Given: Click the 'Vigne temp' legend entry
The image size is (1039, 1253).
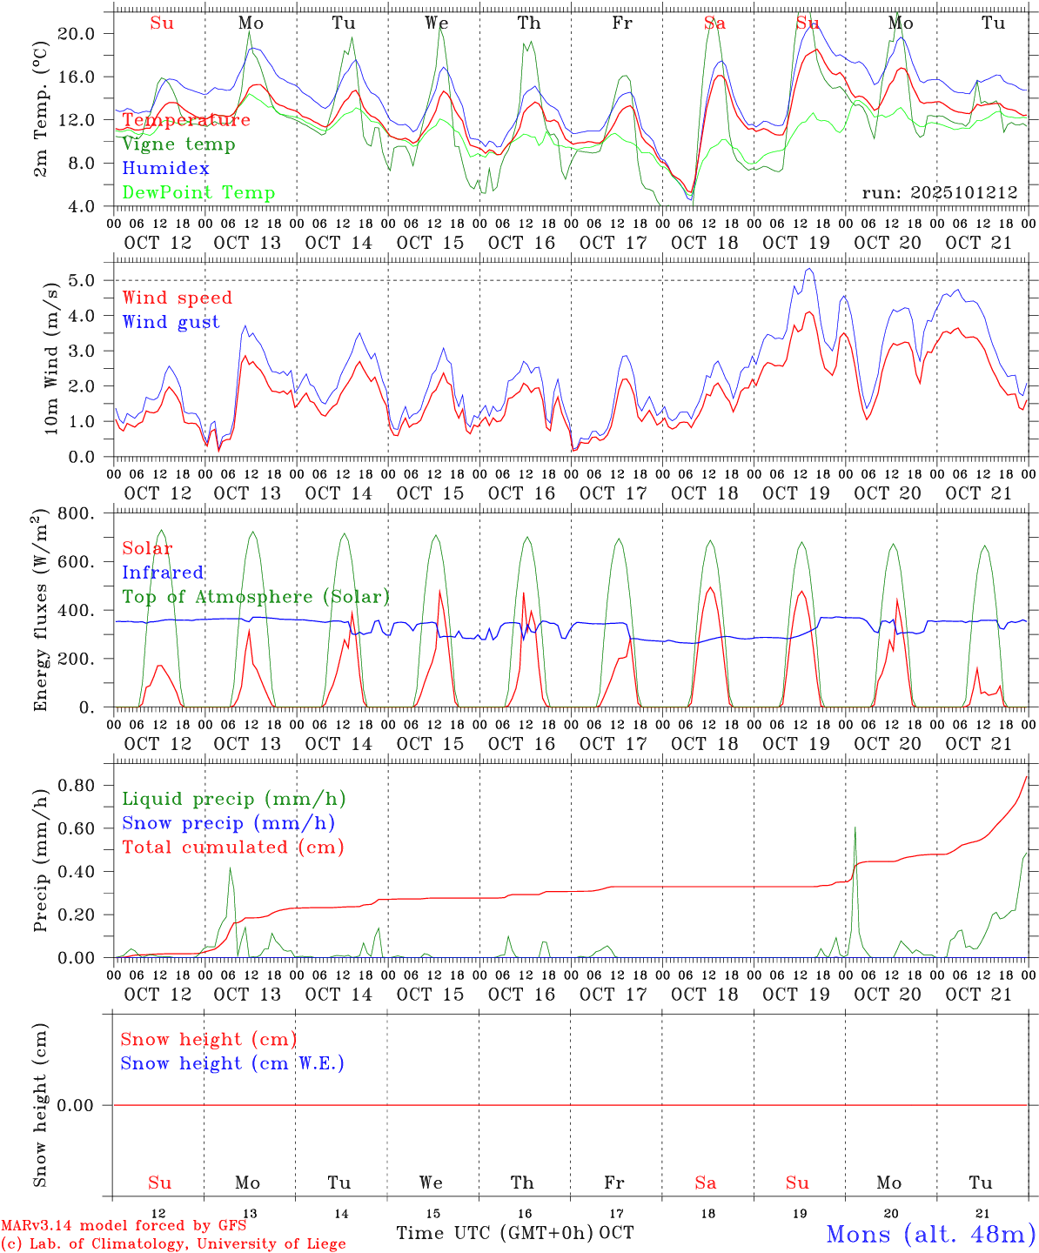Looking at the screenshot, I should tap(178, 144).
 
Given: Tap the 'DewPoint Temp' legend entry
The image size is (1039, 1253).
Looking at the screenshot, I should tap(198, 193).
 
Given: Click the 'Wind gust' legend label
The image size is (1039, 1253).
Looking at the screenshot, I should tap(171, 322).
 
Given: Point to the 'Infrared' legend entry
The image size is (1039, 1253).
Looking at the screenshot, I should tap(163, 573).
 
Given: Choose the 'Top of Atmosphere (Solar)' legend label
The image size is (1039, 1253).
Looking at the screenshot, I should tap(256, 597).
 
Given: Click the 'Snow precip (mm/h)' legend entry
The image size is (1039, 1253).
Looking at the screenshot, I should tap(228, 823).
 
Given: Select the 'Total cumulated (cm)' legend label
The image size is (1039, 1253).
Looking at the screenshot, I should tap(232, 848).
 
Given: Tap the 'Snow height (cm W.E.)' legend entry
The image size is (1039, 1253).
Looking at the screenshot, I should tap(232, 1063).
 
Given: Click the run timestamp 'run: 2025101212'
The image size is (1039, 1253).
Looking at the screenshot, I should tap(939, 193).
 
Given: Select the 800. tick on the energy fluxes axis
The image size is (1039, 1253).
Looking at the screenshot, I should tap(75, 513).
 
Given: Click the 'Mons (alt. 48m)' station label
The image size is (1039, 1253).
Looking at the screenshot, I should tap(930, 1234).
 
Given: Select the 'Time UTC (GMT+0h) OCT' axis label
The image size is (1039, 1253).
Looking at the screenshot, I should tap(515, 1233).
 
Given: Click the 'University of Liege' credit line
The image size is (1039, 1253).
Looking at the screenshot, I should tap(174, 1244).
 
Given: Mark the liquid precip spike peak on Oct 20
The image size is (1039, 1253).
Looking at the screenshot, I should tap(855, 828).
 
